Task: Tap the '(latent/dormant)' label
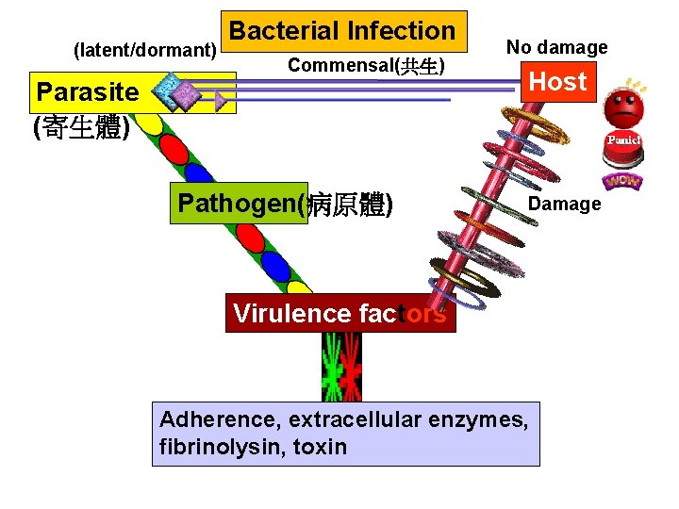[x=145, y=49]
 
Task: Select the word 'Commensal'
[x=340, y=65]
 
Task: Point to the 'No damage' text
[x=556, y=46]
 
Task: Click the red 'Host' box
[x=558, y=82]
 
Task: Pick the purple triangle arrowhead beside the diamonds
[x=221, y=98]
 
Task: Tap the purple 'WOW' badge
[x=621, y=179]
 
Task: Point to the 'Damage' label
[x=564, y=204]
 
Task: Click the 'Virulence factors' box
[x=339, y=313]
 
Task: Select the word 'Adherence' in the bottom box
[x=219, y=419]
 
